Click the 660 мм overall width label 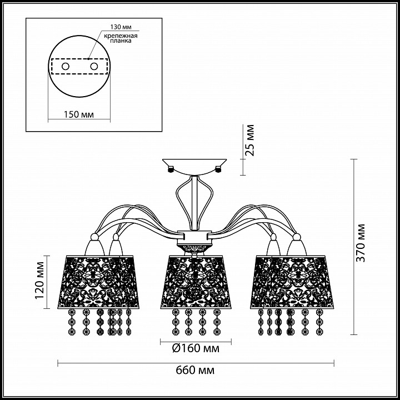point(195,370)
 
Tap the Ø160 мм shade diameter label point(196,348)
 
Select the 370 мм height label point(361,243)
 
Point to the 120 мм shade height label point(39,280)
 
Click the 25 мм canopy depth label point(249,140)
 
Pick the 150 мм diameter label point(78,114)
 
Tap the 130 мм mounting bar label point(121,27)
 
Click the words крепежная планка point(121,38)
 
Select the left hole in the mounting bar point(66,67)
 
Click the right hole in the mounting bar point(94,67)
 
